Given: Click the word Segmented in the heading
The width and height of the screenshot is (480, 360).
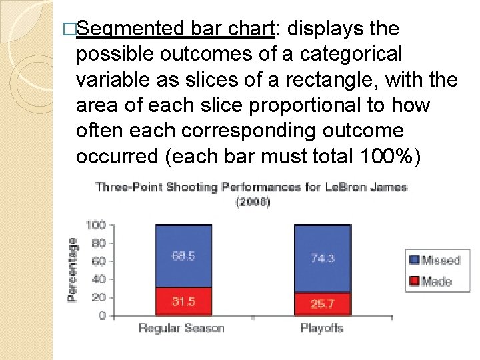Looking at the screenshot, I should (131, 29).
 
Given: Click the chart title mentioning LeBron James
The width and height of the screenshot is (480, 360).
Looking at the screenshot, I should (251, 187).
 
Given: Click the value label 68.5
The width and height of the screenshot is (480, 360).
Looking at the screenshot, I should (183, 256).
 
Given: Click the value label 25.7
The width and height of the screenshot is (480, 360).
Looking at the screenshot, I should (322, 305).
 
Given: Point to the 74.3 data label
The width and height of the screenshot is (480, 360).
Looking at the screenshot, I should (322, 258).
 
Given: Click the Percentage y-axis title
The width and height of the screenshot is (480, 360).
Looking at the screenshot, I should (72, 270).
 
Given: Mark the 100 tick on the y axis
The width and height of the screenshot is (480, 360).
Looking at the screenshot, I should (97, 225).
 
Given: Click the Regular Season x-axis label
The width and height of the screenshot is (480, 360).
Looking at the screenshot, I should (181, 328).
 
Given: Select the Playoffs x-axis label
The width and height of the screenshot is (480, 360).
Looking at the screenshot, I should (321, 328).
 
